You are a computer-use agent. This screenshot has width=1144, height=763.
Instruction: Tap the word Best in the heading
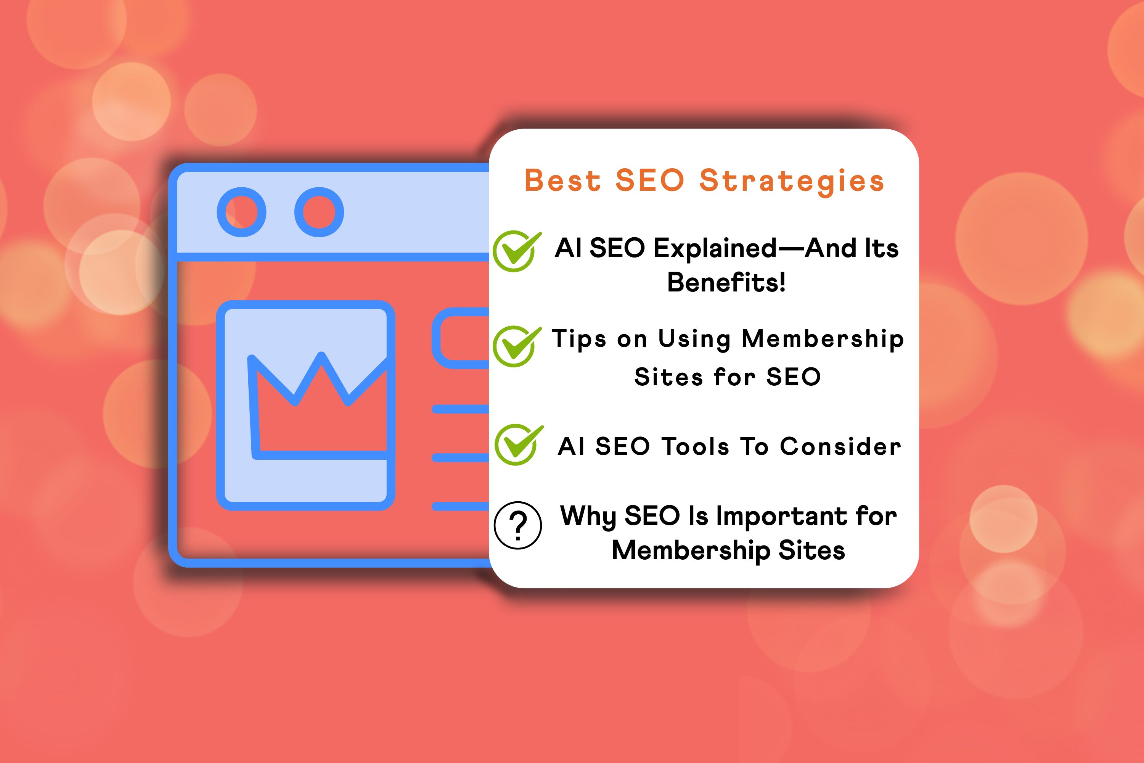coord(563,181)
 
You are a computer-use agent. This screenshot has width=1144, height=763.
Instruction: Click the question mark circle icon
coord(517,526)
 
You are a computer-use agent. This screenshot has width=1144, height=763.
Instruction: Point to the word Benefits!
coord(726,283)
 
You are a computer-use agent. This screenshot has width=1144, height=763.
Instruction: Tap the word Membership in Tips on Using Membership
coord(823,339)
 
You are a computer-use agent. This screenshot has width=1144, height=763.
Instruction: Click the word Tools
coord(696,446)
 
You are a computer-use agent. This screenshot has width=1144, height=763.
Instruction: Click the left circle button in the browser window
coord(241,212)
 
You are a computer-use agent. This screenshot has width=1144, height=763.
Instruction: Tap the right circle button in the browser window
coord(319,212)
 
